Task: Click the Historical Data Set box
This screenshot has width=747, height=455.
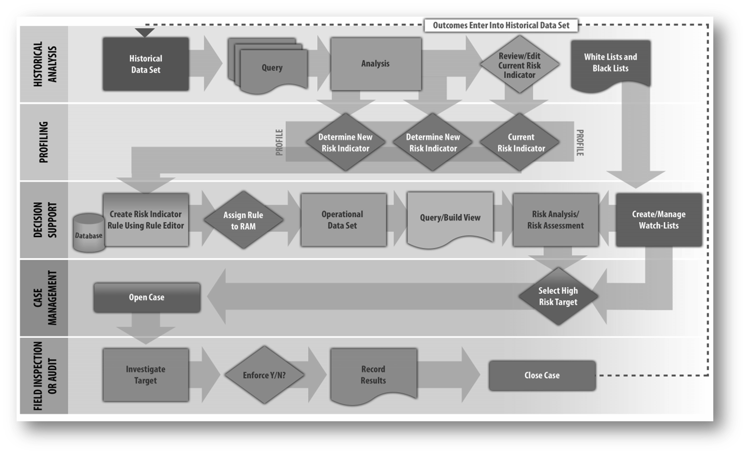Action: pos(146,64)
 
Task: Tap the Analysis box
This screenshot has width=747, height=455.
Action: pos(376,64)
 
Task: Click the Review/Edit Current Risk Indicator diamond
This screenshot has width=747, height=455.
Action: pos(519,65)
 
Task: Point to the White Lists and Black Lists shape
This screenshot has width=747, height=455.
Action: pos(610,63)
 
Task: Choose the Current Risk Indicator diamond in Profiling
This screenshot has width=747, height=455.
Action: pos(520,142)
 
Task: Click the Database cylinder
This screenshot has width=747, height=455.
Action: pos(89,233)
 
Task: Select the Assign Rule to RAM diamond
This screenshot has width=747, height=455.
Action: pos(243,220)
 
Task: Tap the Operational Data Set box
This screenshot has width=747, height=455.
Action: pos(343,219)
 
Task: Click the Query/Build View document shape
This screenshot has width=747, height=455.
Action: pos(450,218)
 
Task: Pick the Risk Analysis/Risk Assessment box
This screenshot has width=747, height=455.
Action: pos(555,219)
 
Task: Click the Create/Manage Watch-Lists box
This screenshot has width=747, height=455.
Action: pos(658,219)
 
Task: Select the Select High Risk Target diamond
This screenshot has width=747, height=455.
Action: pos(558,296)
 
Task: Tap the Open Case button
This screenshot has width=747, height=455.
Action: pos(147,297)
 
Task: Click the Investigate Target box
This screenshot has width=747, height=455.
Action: pos(146,375)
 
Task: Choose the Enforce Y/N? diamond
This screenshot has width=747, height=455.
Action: pos(264,375)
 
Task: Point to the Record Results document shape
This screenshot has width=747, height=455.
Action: pos(373,375)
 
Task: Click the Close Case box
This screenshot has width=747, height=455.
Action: pos(542,375)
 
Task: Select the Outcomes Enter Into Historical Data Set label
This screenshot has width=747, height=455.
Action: pos(501,25)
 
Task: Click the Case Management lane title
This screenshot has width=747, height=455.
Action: pos(45,298)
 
